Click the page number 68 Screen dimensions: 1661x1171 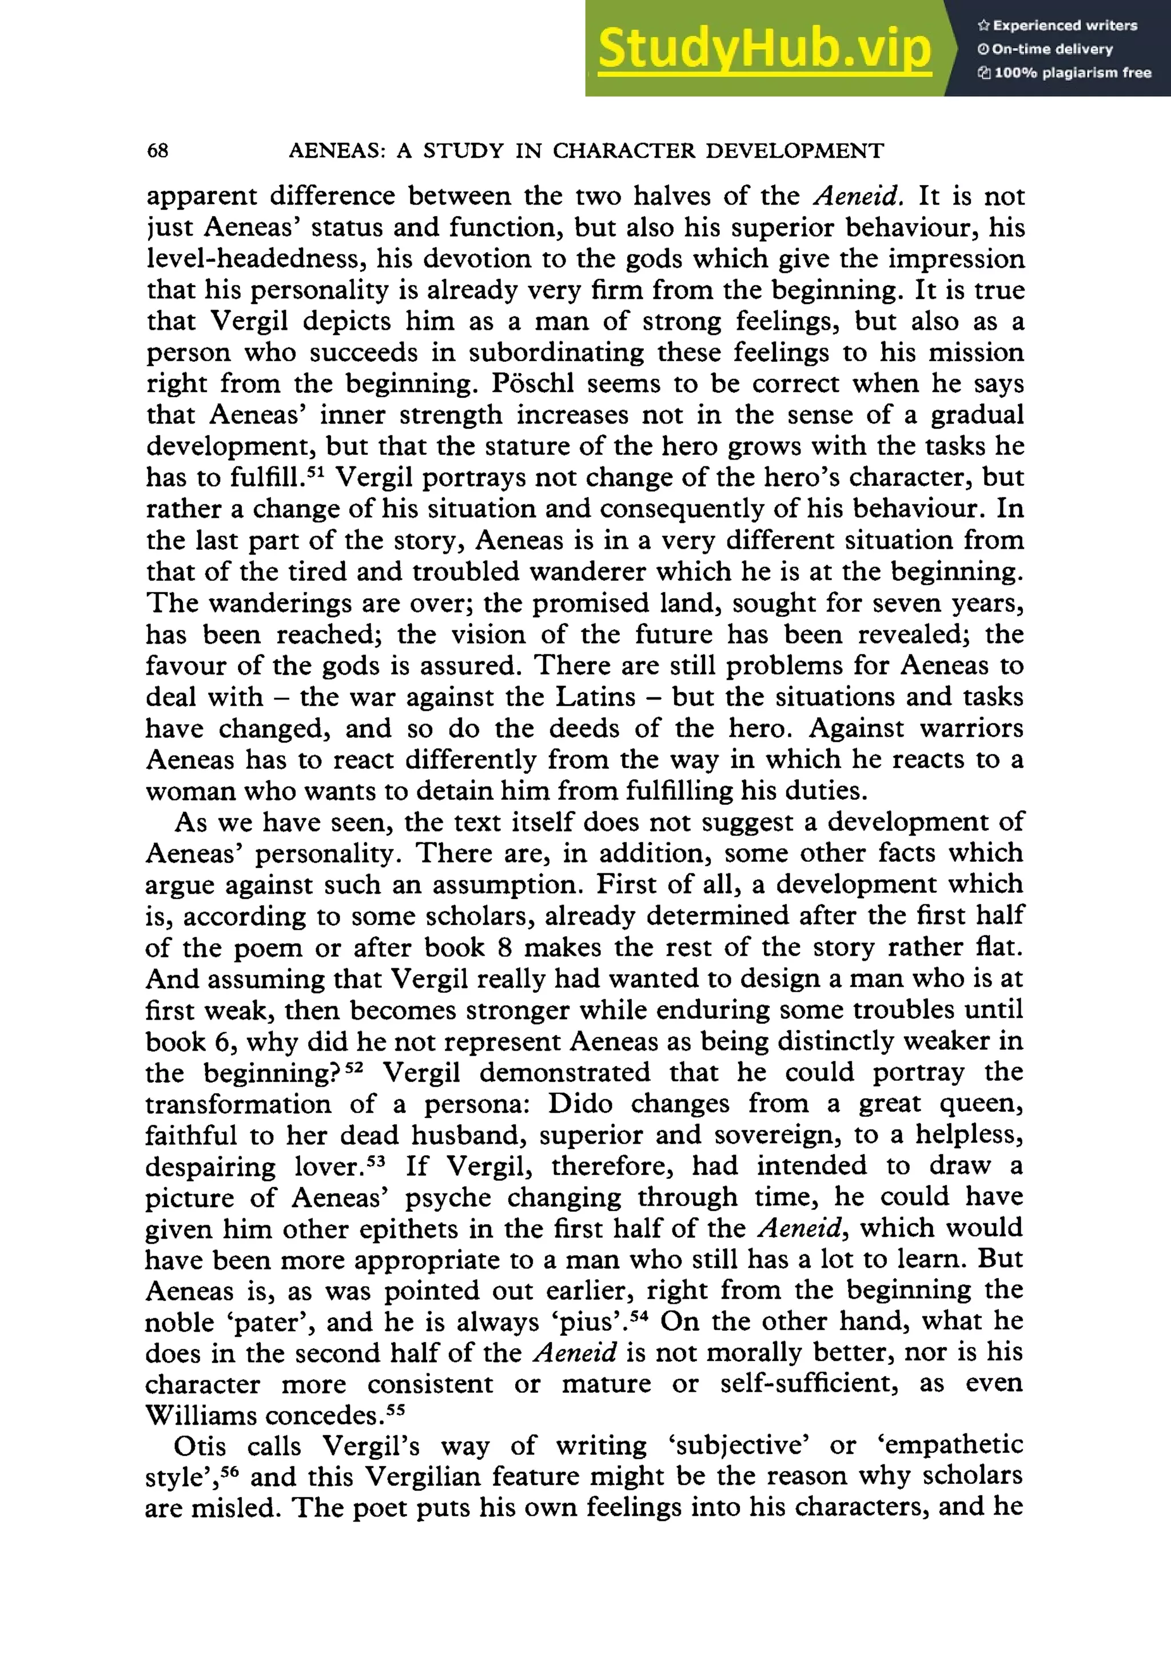pos(157,150)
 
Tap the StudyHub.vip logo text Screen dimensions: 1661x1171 pos(764,49)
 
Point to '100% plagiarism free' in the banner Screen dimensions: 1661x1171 pos(1065,73)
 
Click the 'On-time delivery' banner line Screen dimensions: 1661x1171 pos(1045,49)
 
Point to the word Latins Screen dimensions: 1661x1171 pos(595,697)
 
